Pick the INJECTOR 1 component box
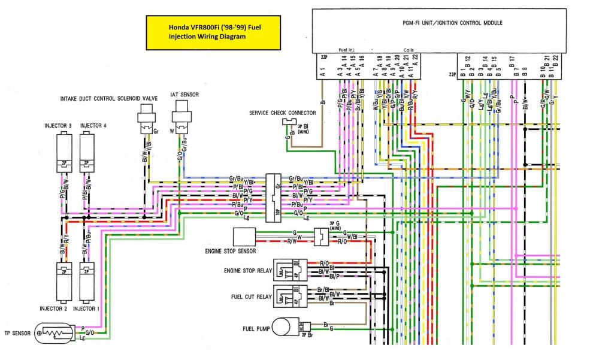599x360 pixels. tap(87, 282)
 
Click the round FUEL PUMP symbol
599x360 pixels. tap(281, 327)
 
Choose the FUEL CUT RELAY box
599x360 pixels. tap(291, 295)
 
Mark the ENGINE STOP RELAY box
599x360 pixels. tap(291, 270)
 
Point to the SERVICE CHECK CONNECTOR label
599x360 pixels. tap(281, 112)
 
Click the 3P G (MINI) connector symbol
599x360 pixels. tap(322, 237)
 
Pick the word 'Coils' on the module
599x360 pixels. tap(409, 49)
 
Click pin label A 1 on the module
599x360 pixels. tap(322, 71)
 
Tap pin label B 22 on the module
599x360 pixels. tap(556, 62)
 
